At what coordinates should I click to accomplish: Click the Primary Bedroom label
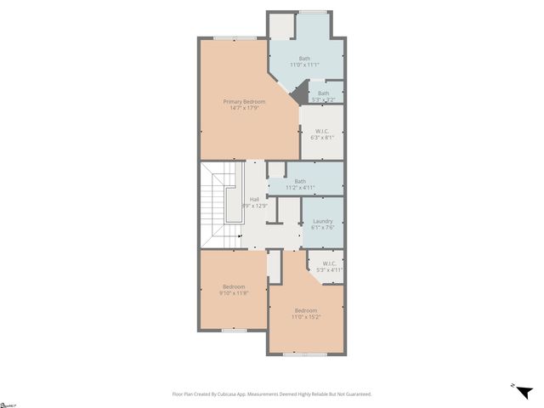(238, 102)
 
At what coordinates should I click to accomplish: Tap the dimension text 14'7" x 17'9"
(238, 108)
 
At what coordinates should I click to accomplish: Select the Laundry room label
(322, 221)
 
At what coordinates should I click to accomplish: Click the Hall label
(254, 199)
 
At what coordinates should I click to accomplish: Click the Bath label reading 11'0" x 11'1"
(304, 59)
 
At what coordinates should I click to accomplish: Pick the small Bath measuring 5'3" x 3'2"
(323, 93)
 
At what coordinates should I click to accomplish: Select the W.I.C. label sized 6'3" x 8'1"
(323, 131)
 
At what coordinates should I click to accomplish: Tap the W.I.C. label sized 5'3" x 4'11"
(328, 263)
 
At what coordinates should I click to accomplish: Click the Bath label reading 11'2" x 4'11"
(300, 181)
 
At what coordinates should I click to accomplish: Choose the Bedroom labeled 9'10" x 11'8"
(235, 286)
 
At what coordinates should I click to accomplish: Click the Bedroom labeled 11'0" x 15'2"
(306, 310)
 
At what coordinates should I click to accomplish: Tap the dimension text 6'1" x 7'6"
(322, 227)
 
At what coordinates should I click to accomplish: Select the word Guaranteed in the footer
(356, 394)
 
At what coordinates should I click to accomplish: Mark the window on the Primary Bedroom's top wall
(235, 37)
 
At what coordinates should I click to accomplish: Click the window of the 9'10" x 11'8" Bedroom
(234, 330)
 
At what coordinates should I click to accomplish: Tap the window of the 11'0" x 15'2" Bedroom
(304, 354)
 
